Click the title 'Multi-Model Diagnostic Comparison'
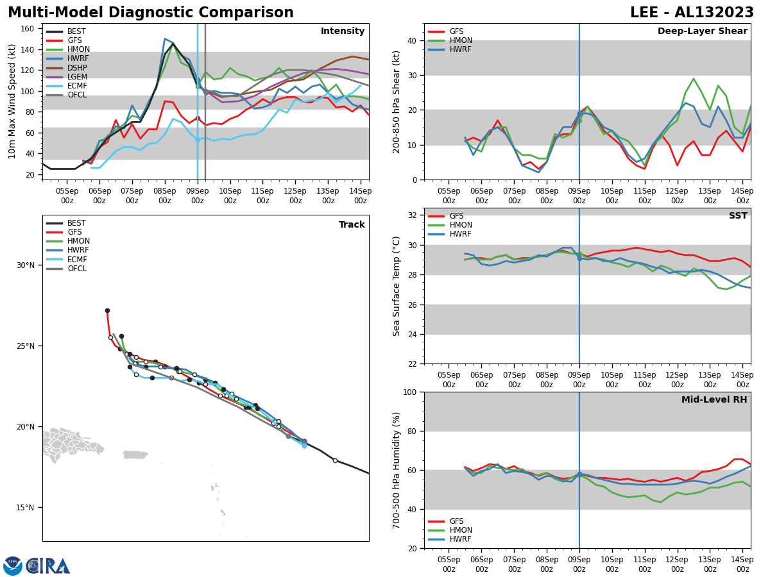(x=151, y=13)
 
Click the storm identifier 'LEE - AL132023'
(x=692, y=13)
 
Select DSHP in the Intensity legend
(x=77, y=68)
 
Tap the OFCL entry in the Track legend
(x=77, y=269)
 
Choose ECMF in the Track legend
(x=77, y=260)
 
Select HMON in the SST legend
(x=461, y=225)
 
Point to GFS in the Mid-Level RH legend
(x=456, y=521)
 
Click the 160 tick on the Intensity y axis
(x=30, y=29)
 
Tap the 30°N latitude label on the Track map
(x=26, y=265)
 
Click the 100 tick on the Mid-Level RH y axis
(x=408, y=392)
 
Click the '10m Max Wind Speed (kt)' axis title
(x=12, y=101)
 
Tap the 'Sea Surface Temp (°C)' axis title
(x=397, y=286)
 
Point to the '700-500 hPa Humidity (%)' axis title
(x=397, y=470)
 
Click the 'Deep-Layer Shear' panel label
(x=702, y=31)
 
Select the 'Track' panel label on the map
(x=352, y=225)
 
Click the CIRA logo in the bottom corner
(x=37, y=565)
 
